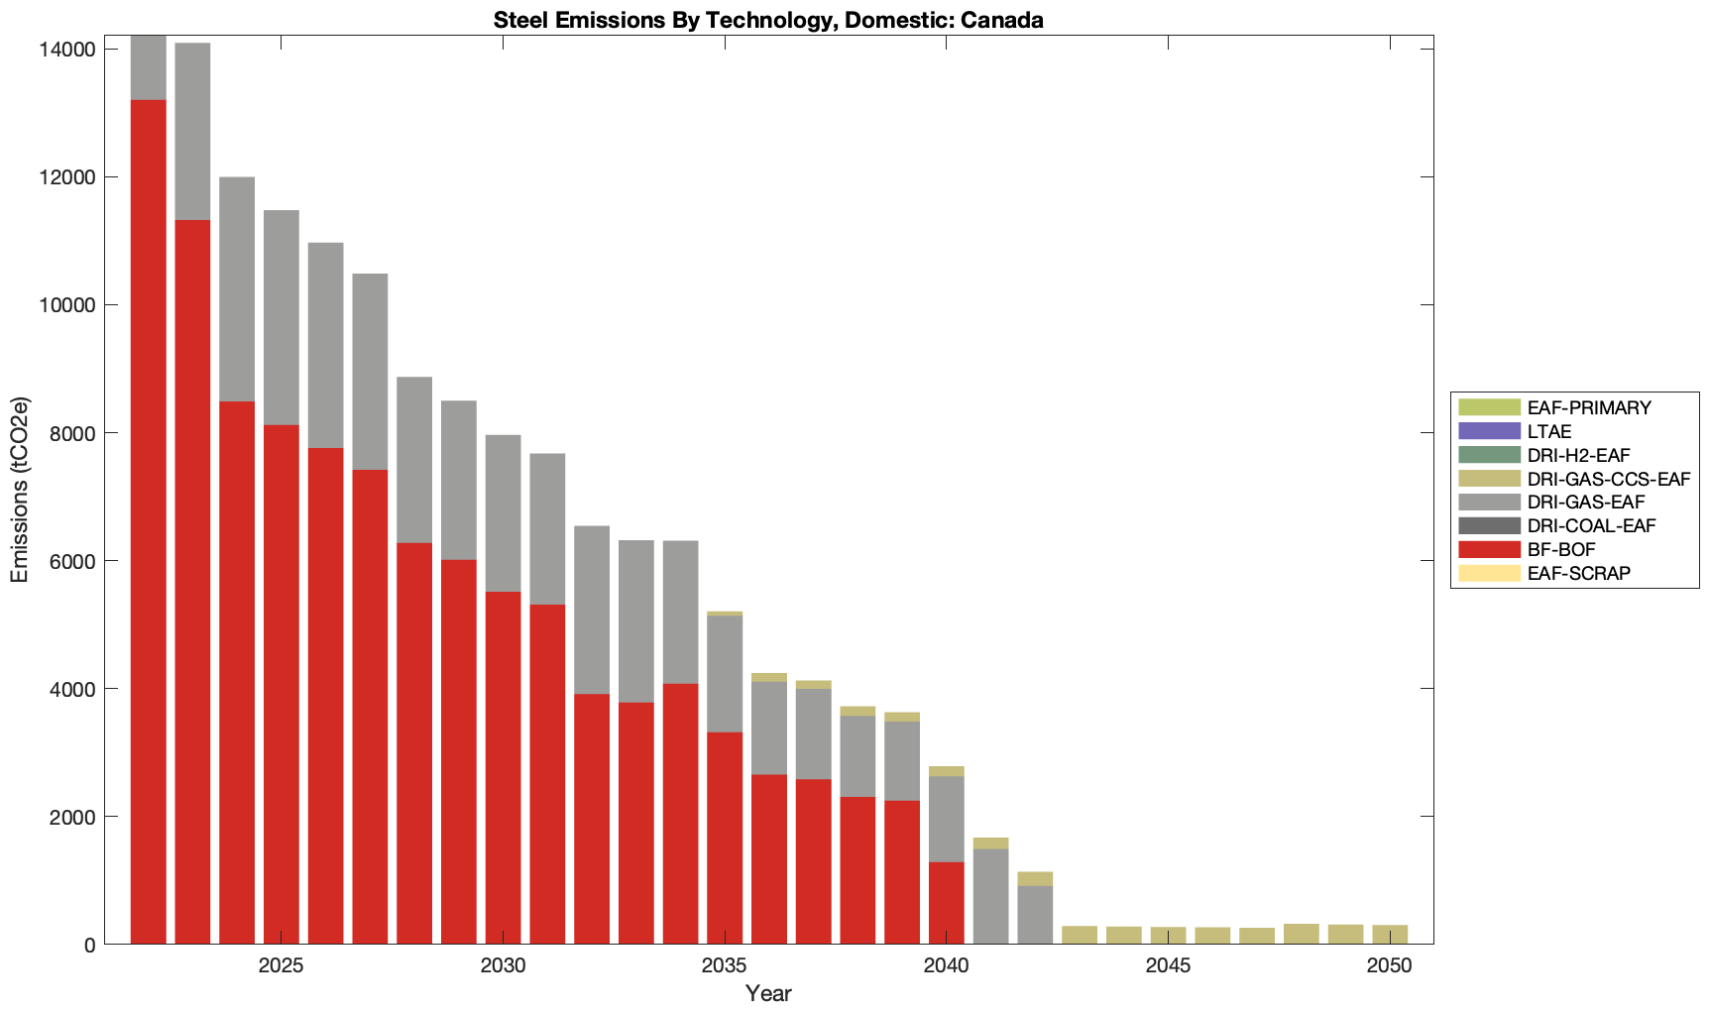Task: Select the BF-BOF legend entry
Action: pyautogui.click(x=1561, y=549)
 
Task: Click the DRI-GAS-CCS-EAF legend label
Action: pyautogui.click(x=1608, y=479)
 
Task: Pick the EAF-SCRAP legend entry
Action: pyautogui.click(x=1578, y=573)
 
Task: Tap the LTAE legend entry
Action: pyautogui.click(x=1548, y=431)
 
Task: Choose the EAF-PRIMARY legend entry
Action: pyautogui.click(x=1589, y=407)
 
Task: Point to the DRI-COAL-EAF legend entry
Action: pyautogui.click(x=1591, y=525)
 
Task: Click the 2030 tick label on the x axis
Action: pyautogui.click(x=504, y=966)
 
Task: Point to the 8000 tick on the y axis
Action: pyautogui.click(x=74, y=433)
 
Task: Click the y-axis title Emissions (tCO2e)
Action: pyautogui.click(x=20, y=490)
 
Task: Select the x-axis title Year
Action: pyautogui.click(x=768, y=993)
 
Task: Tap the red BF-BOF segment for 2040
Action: pyautogui.click(x=947, y=903)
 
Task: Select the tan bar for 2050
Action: pyautogui.click(x=1390, y=934)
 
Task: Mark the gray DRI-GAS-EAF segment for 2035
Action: pyautogui.click(x=725, y=674)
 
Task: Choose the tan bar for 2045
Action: pyautogui.click(x=1168, y=935)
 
